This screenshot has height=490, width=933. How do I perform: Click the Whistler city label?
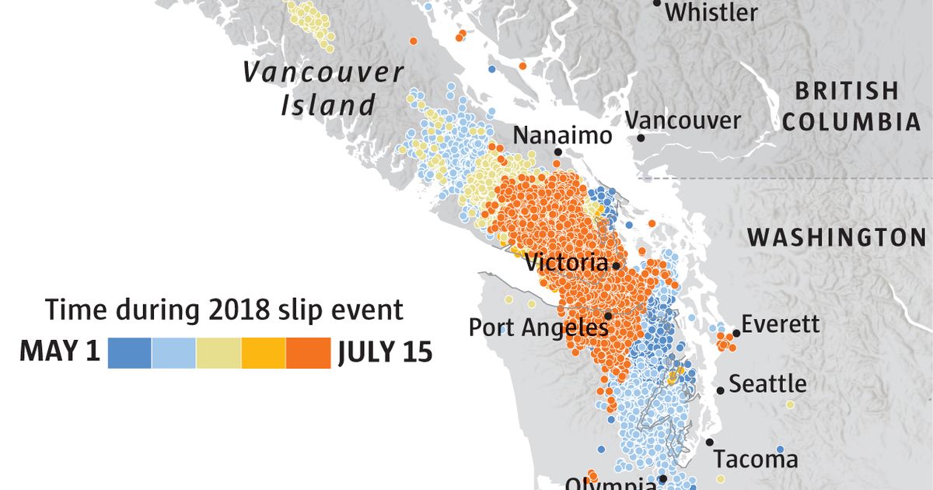coord(711,12)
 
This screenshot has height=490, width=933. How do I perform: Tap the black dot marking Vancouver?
coord(641,138)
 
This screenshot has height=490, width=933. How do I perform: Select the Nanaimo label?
coord(562,135)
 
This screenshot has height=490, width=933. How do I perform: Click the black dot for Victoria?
coord(616,265)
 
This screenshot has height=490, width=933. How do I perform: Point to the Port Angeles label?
coord(537,327)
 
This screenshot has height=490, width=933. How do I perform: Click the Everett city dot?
coord(736,333)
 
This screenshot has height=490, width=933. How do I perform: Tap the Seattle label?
coord(767,383)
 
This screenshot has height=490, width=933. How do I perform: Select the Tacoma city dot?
coord(709,442)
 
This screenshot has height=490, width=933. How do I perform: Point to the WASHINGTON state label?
coord(837,237)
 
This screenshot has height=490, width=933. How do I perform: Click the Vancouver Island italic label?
coord(323,88)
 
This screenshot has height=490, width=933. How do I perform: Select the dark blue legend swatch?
coord(129,352)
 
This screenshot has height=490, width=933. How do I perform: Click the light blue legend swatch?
coord(174,352)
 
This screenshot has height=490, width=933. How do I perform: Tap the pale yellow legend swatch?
coord(218,352)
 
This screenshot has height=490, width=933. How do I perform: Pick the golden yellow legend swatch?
coord(264,352)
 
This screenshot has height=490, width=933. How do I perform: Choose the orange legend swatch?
coord(308,352)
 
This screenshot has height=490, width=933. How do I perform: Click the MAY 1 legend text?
coord(60,352)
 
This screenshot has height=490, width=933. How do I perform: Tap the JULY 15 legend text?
coord(384,352)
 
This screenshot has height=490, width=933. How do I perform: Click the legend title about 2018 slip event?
coord(224,310)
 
